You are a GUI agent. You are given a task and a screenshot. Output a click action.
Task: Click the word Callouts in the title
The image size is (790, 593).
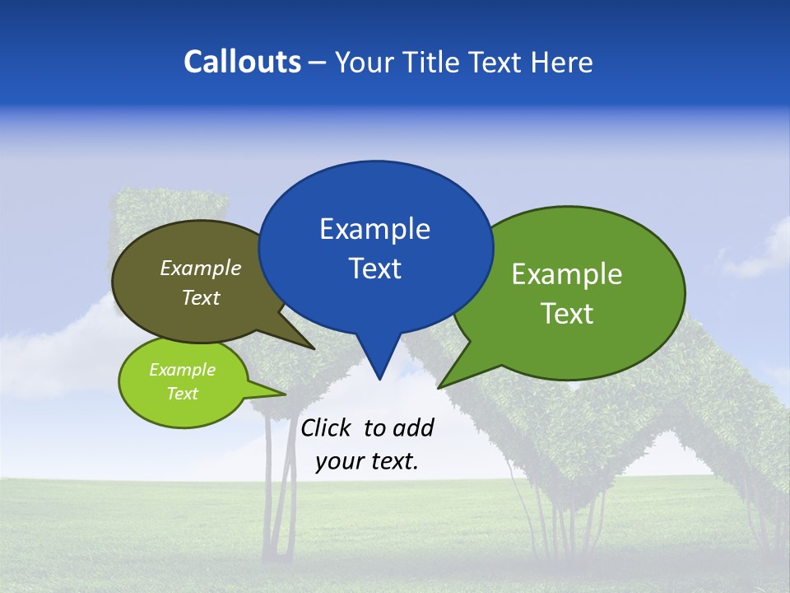(243, 62)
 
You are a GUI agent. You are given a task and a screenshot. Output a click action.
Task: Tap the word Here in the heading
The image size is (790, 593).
(560, 62)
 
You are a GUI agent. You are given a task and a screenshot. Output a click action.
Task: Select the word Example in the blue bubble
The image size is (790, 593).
(374, 229)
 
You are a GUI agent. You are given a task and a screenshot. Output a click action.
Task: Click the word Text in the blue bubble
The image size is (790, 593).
(374, 268)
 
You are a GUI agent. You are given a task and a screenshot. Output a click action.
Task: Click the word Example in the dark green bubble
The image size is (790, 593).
(567, 274)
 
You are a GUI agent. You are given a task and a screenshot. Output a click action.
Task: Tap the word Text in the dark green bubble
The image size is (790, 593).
(567, 314)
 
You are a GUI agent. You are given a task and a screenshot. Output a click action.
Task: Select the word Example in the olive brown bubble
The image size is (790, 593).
(201, 268)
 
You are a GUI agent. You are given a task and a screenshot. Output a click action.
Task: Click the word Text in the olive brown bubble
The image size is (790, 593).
(201, 297)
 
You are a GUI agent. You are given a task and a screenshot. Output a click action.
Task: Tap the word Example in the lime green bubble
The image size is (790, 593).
(182, 370)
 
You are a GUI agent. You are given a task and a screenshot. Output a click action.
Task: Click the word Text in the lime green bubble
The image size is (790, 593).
(182, 394)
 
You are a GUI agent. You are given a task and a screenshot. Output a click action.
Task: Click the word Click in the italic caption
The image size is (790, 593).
(327, 427)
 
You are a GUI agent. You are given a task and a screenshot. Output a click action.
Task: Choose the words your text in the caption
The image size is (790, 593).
(366, 461)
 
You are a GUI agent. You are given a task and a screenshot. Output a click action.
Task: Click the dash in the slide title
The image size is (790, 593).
(318, 63)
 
